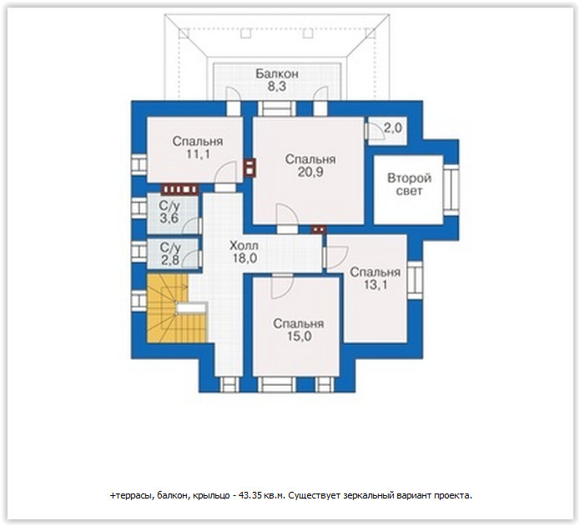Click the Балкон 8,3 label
tap(277, 80)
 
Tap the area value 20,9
tap(310, 172)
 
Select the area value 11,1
tap(198, 154)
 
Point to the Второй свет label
tap(409, 184)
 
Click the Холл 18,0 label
tap(245, 252)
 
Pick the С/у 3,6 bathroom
tap(173, 213)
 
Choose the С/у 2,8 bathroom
tap(173, 253)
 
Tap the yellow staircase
tap(176, 308)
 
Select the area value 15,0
tap(300, 337)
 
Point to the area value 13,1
tap(376, 285)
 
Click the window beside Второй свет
tap(451, 190)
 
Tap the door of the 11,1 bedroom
tap(225, 173)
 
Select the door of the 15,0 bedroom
tap(282, 287)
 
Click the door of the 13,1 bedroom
tap(335, 257)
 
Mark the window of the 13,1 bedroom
tap(415, 280)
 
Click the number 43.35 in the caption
tap(250, 495)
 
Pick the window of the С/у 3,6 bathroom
tap(139, 208)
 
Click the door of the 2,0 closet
tap(376, 130)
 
